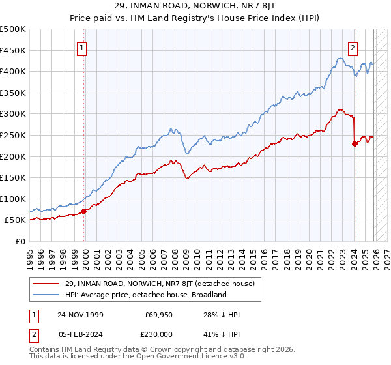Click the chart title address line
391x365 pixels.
195,7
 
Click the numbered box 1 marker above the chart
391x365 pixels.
81,47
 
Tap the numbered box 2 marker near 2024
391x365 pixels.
353,47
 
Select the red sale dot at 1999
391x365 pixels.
84,211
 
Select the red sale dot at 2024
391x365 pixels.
355,144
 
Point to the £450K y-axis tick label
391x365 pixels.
13,50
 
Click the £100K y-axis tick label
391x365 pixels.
13,199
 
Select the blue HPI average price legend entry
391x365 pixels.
144,295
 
